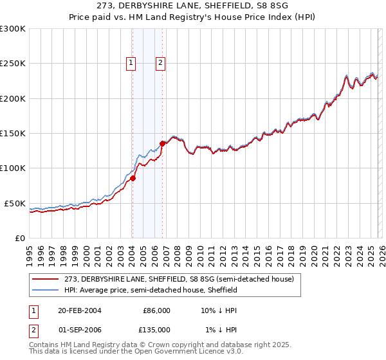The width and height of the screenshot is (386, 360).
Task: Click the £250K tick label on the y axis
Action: click(x=13, y=64)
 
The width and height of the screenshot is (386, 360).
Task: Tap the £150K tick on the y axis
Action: click(x=13, y=133)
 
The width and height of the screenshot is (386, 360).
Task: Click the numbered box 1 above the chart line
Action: click(x=131, y=63)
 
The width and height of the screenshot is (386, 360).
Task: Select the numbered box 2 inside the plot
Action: click(x=160, y=63)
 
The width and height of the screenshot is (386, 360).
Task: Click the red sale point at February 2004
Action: click(x=133, y=178)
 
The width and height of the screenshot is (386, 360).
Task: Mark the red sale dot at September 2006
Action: click(x=162, y=144)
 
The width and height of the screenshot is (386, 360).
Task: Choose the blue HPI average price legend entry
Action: click(x=151, y=290)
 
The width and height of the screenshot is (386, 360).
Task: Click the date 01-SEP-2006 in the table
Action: click(x=78, y=329)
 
